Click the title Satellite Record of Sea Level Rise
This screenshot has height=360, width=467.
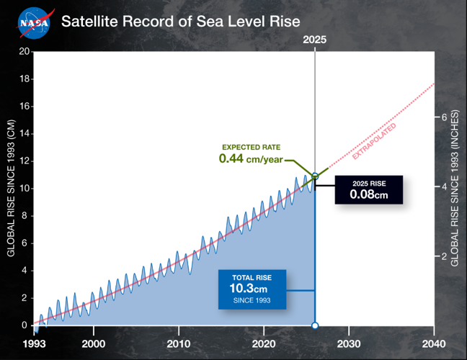click(180, 21)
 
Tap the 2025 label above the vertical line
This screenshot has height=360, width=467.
click(315, 40)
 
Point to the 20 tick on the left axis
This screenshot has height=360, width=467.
click(25, 52)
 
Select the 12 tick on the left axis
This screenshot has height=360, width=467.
click(25, 161)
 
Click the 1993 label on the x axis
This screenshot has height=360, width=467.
click(35, 343)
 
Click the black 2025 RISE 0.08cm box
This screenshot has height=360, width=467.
click(368, 189)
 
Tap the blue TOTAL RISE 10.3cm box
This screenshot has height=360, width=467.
click(252, 289)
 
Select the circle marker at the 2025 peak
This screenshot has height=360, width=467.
click(315, 175)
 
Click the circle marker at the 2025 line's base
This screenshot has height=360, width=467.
click(315, 325)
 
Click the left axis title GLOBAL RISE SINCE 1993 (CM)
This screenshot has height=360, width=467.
click(11, 189)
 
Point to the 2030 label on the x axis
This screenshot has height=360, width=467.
click(348, 343)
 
